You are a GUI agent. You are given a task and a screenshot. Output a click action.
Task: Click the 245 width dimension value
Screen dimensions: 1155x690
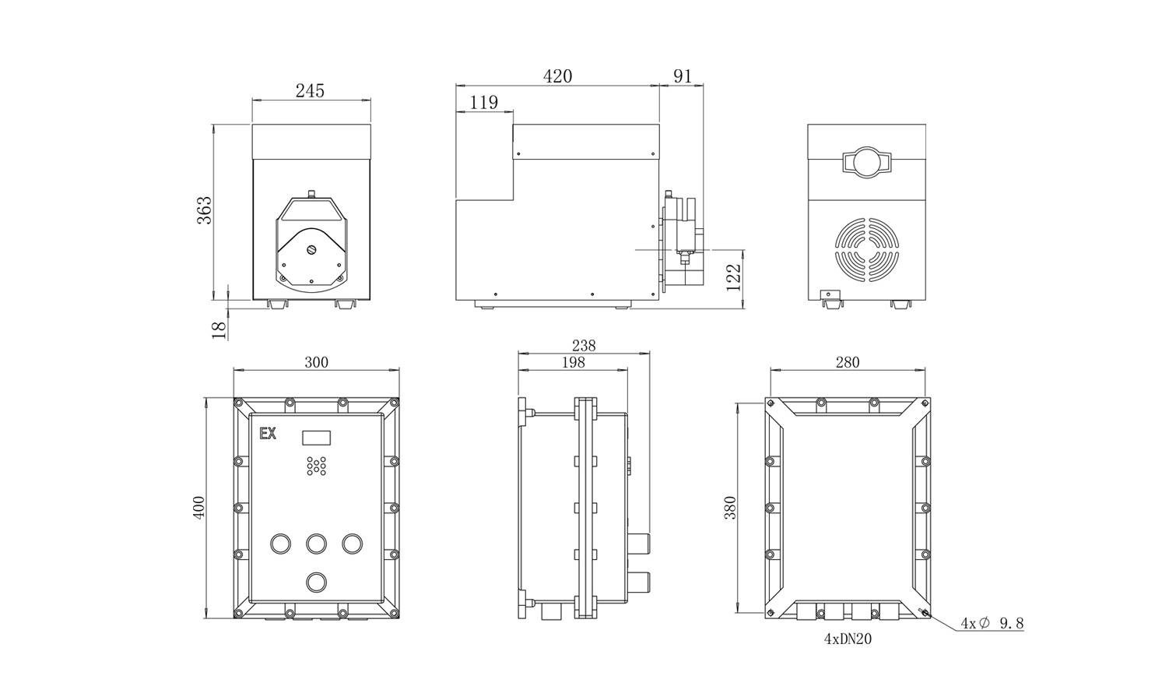click(310, 91)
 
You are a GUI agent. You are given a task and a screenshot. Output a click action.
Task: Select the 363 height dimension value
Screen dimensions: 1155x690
click(205, 210)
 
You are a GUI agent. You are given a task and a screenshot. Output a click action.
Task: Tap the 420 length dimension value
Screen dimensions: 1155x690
click(557, 76)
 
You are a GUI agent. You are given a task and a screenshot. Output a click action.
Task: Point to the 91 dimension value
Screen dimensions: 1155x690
click(682, 76)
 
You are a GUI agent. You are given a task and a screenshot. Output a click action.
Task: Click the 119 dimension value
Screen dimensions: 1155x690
click(483, 102)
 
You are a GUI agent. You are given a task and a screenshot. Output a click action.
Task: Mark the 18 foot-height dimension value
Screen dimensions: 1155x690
click(219, 329)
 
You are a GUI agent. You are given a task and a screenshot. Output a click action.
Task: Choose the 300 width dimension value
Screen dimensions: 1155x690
click(316, 362)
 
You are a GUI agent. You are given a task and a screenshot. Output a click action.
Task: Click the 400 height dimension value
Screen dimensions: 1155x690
click(199, 507)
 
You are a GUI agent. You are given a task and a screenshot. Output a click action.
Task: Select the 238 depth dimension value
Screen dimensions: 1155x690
click(584, 345)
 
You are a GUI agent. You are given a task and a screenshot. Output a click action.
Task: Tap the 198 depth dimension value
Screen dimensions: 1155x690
click(574, 362)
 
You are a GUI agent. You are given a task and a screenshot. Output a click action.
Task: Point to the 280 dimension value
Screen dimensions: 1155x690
click(848, 362)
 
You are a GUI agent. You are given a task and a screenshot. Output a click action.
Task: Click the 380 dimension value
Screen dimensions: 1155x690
click(730, 507)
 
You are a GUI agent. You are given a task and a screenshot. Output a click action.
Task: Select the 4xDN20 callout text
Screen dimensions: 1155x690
click(848, 639)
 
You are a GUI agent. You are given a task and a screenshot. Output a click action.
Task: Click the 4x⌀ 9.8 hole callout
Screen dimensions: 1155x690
click(992, 624)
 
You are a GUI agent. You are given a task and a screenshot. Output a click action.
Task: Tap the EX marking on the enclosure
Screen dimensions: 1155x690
click(268, 434)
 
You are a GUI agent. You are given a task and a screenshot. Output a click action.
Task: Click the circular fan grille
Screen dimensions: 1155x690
click(867, 249)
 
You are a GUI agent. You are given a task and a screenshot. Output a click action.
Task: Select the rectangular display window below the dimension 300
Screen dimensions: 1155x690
click(316, 438)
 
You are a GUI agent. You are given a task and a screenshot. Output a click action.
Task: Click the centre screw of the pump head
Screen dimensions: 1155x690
click(311, 250)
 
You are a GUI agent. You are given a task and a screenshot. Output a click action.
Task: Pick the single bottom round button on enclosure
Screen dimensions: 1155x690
click(316, 583)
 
